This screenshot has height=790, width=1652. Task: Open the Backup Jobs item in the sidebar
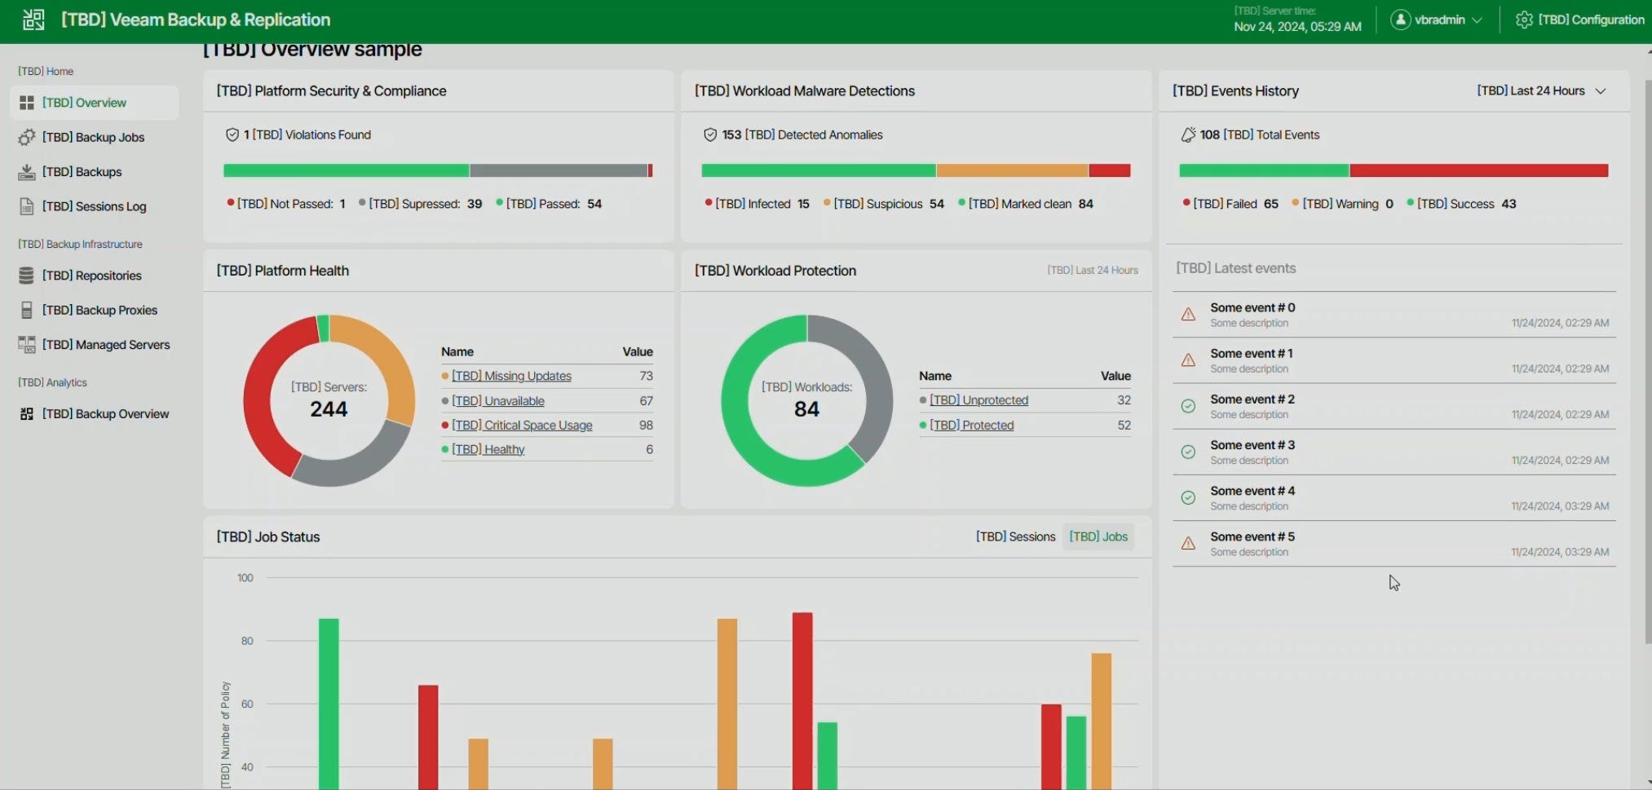point(93,138)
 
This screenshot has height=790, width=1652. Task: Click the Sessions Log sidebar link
point(94,207)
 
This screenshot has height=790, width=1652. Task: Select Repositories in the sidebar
point(91,276)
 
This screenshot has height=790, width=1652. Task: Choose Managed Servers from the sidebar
point(106,345)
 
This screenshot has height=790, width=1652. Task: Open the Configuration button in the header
point(1579,20)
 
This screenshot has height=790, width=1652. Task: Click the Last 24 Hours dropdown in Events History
point(1540,91)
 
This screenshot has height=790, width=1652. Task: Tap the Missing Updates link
point(511,376)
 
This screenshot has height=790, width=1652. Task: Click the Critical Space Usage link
point(522,426)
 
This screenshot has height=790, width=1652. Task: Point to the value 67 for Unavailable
point(646,401)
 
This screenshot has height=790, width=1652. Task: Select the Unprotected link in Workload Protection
point(978,400)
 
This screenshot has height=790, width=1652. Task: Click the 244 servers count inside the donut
point(329,409)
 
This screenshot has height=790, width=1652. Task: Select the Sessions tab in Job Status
point(1015,536)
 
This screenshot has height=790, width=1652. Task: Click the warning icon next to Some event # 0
point(1188,315)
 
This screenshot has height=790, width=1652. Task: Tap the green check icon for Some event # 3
point(1188,452)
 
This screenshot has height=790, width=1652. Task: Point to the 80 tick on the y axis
point(246,641)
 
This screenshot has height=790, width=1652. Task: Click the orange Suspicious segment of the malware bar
point(1012,170)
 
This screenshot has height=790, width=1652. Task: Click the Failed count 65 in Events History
point(1270,204)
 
